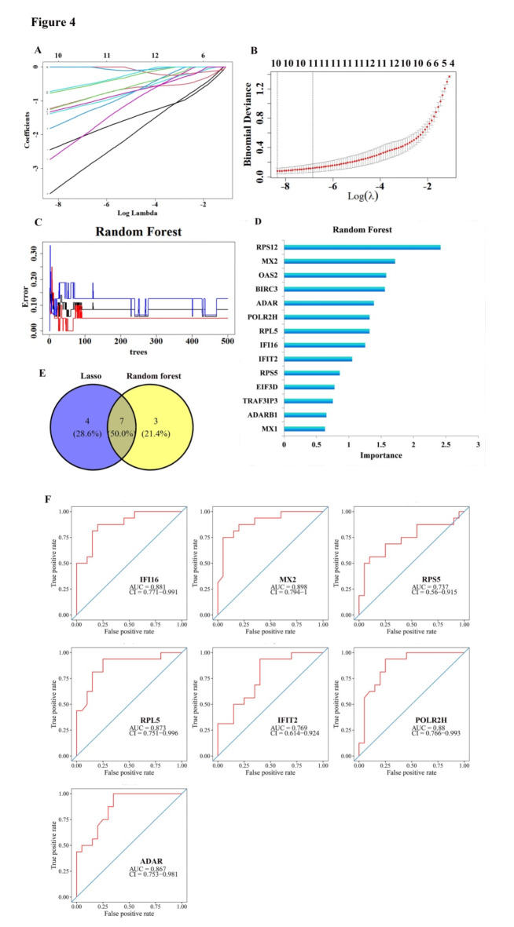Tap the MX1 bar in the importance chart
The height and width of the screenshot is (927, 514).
coord(304,429)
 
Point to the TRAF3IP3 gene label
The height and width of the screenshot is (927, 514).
coord(258,400)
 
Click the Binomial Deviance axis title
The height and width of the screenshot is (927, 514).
coord(249,125)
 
